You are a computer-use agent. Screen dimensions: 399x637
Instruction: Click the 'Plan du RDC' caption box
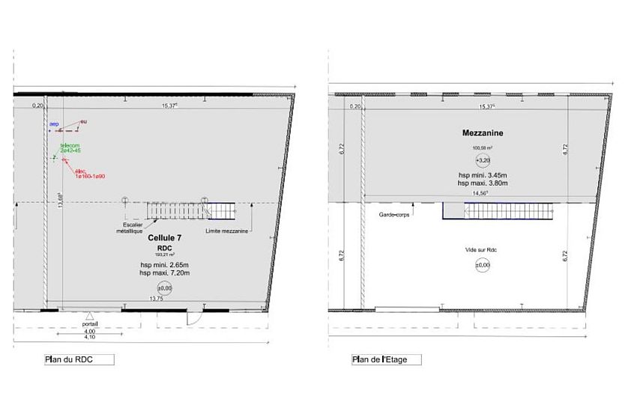pyautogui.click(x=79, y=359)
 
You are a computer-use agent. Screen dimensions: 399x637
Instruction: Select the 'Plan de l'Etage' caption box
pyautogui.click(x=386, y=359)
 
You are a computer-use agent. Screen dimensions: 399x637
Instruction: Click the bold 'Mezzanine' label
pyautogui.click(x=482, y=133)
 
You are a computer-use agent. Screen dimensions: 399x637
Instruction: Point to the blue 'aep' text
pyautogui.click(x=54, y=124)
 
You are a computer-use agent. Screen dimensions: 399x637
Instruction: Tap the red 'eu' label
pyautogui.click(x=84, y=121)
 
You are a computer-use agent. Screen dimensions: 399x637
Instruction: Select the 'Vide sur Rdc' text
pyautogui.click(x=482, y=250)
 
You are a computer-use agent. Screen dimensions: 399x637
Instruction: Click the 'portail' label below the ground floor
pyautogui.click(x=89, y=324)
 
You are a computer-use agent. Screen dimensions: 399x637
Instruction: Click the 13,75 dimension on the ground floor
pyautogui.click(x=157, y=298)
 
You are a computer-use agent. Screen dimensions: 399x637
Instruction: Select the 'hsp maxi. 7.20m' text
pyautogui.click(x=165, y=272)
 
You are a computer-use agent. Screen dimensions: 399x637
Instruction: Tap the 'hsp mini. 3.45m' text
pyautogui.click(x=483, y=174)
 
